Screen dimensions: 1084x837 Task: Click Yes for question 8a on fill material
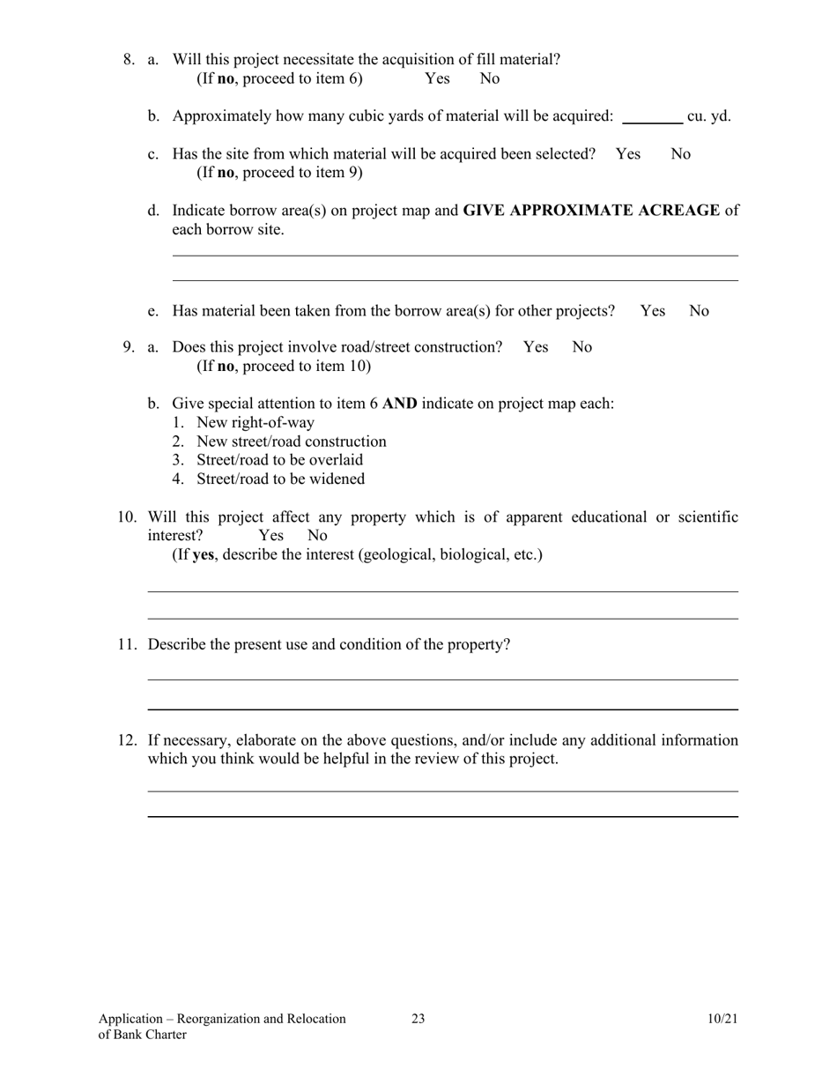coord(437,78)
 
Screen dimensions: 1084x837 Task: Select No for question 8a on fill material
coord(490,78)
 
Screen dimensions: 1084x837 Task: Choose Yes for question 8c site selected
coord(628,154)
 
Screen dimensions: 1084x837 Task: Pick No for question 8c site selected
coord(681,154)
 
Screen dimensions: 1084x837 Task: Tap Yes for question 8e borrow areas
coord(653,311)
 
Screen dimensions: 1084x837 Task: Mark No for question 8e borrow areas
coord(699,311)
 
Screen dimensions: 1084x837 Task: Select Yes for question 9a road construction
coord(536,347)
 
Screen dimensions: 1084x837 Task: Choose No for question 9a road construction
coord(582,347)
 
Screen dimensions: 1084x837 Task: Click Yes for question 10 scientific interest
coord(271,536)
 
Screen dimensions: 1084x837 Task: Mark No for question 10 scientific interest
coord(317,536)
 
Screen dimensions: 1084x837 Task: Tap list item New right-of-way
coord(256,423)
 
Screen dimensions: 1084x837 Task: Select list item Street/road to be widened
coord(280,479)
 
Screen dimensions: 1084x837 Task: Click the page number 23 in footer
coord(418,1020)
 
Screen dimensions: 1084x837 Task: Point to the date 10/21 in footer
coord(722,1020)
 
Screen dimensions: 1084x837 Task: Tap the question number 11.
coord(128,644)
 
